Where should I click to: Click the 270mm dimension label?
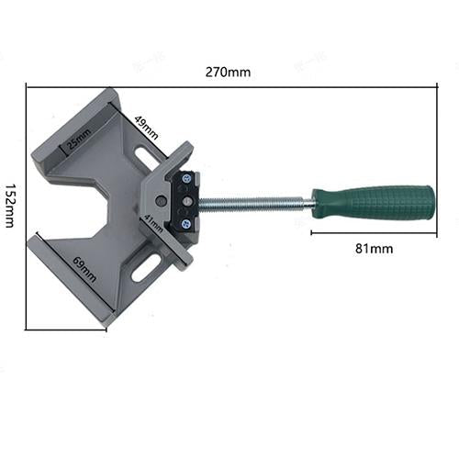click(229, 71)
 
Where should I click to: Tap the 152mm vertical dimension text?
click(10, 204)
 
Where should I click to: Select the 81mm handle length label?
click(373, 248)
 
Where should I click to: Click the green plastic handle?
click(376, 203)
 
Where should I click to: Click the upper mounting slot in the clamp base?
click(146, 157)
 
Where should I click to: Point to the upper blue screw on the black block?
click(187, 180)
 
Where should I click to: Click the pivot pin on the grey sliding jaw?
click(162, 198)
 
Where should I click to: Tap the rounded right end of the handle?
click(431, 202)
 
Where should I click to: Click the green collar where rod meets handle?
click(318, 204)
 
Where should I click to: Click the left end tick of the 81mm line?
click(311, 234)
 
